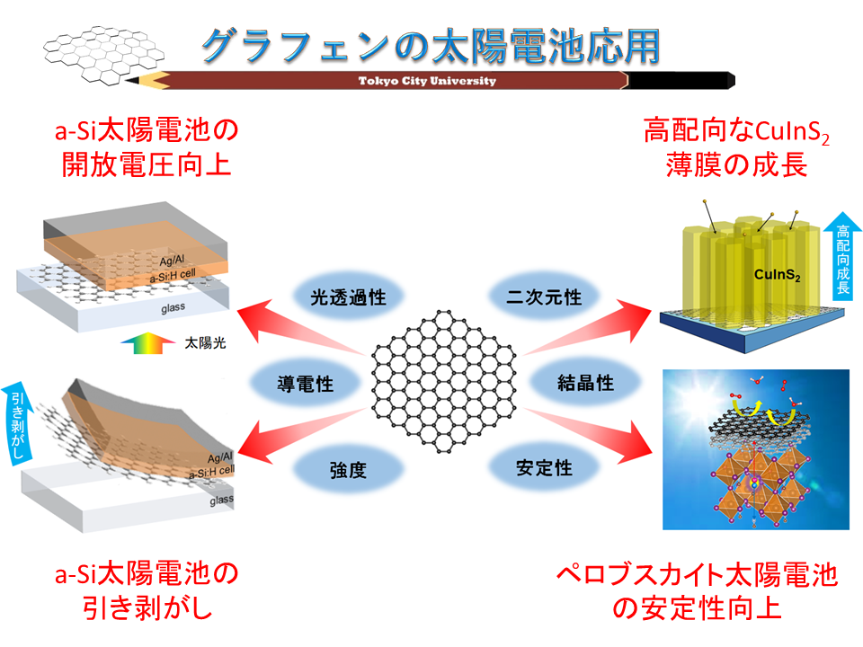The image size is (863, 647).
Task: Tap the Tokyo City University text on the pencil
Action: coord(427,81)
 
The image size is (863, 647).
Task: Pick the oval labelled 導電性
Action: coord(305,385)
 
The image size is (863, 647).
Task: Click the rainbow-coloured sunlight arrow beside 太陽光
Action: coord(145,343)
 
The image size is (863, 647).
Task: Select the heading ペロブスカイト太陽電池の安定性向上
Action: coord(697,589)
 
